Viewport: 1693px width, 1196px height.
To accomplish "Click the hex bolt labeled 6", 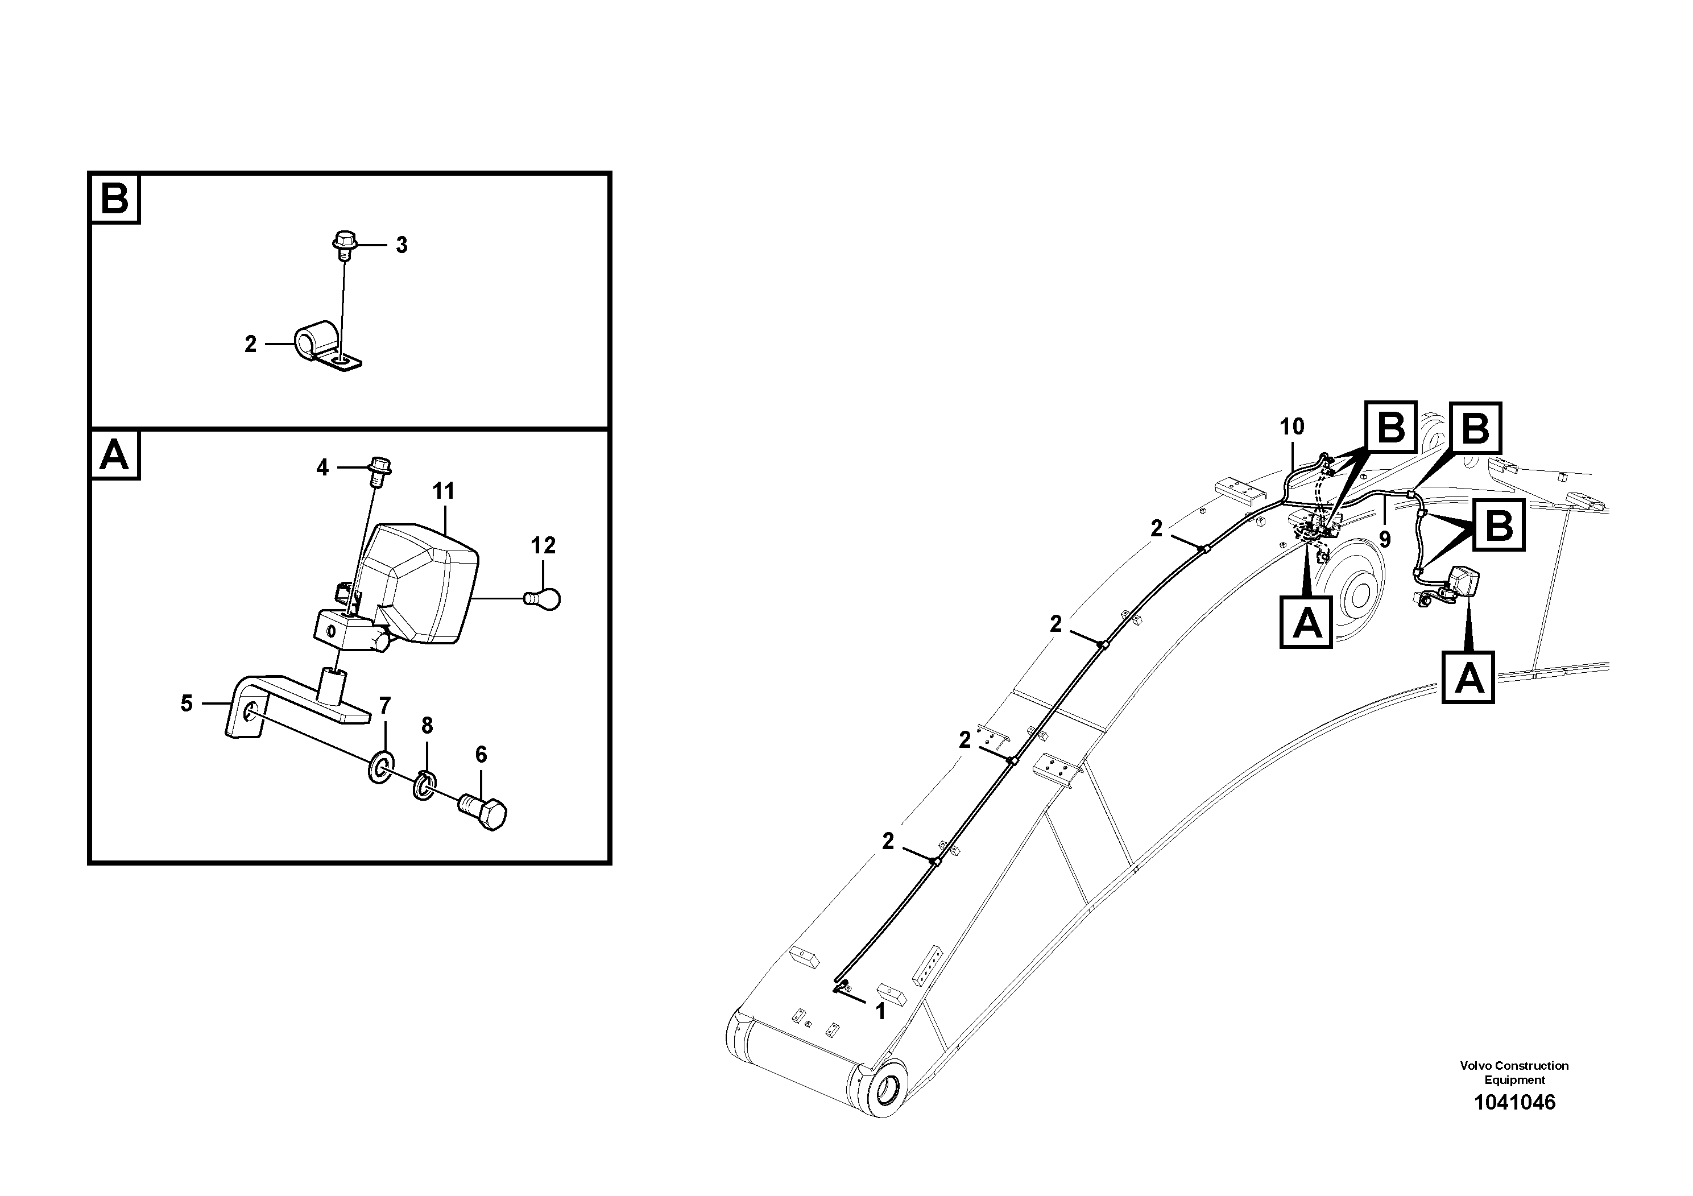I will pyautogui.click(x=485, y=811).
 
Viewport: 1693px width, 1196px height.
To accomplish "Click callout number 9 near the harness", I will pyautogui.click(x=1385, y=540).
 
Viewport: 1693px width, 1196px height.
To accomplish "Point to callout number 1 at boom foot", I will pyautogui.click(x=880, y=1012).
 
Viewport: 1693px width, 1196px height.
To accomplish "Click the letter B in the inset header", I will pyautogui.click(x=115, y=199).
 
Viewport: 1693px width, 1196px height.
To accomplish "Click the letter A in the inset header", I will pyautogui.click(x=115, y=455).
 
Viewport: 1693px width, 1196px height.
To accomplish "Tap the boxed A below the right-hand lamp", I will pyautogui.click(x=1468, y=677).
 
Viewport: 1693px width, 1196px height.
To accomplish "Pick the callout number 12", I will pyautogui.click(x=544, y=547).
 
